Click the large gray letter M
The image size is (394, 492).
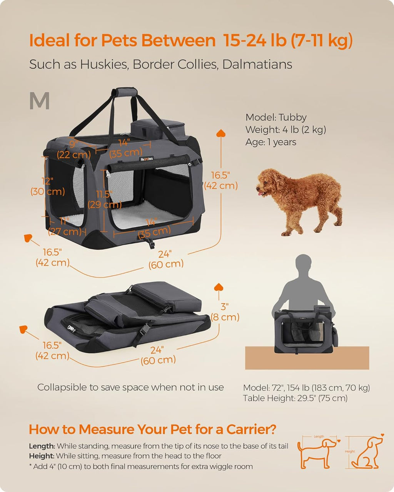[39, 101]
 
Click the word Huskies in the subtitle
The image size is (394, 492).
[103, 64]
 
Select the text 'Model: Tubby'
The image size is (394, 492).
[276, 117]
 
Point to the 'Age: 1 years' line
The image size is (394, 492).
[270, 142]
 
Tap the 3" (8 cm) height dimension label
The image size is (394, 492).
[225, 312]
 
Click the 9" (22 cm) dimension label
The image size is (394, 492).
[73, 150]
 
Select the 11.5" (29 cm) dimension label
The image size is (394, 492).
[104, 199]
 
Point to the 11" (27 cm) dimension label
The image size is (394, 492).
[64, 227]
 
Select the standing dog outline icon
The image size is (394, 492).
[317, 453]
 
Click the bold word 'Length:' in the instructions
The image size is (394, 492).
[42, 446]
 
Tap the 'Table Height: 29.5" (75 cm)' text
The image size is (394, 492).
[295, 398]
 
